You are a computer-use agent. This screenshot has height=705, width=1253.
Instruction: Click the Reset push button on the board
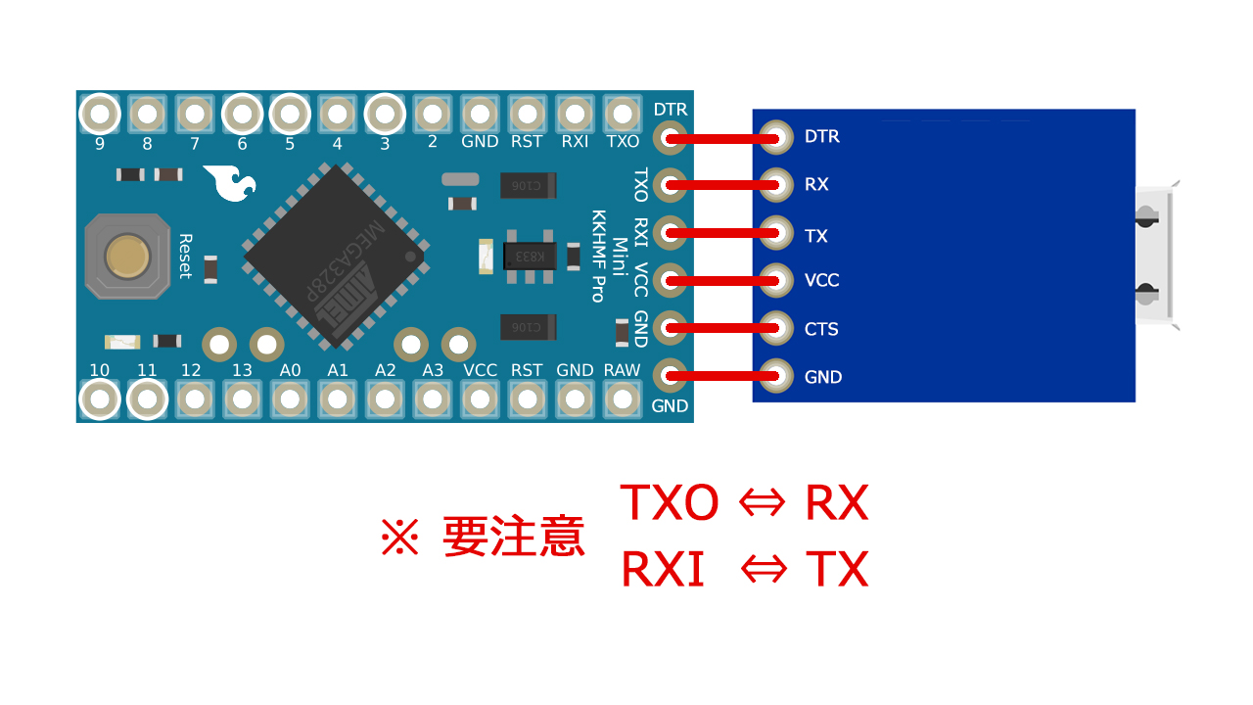coord(127,257)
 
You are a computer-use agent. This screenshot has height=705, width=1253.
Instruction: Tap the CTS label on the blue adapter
coord(821,329)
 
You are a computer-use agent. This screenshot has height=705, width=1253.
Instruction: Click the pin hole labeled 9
coord(99,115)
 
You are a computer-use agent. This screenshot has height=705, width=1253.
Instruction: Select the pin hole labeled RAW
coord(622,399)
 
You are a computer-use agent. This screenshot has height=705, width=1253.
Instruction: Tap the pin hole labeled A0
coord(290,399)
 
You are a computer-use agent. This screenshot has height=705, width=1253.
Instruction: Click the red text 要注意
coord(513,537)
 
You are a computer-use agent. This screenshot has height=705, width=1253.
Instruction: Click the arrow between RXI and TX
coord(762,570)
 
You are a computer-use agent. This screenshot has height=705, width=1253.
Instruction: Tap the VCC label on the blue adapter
coord(821,281)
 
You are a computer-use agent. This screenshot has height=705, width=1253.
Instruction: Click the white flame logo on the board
coord(231,183)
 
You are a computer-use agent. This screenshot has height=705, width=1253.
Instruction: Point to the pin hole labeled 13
coord(242,399)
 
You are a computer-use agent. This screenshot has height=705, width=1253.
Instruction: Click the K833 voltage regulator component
coord(530,257)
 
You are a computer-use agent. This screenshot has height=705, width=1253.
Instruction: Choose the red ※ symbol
coord(399,538)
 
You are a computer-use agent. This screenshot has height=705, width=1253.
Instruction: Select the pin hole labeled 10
coord(99,399)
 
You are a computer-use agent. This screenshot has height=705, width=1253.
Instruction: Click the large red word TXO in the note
coord(670,503)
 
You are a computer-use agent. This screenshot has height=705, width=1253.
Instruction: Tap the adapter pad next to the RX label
coord(776,183)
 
